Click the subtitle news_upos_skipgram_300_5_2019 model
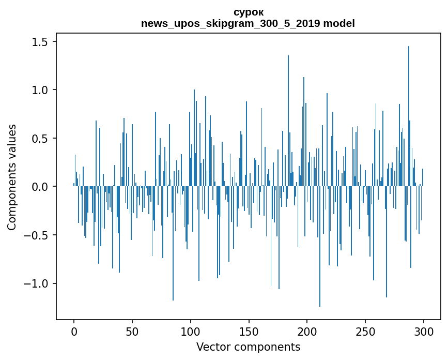click(248, 24)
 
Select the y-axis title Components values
click(12, 177)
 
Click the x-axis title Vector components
click(248, 347)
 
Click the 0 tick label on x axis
click(74, 331)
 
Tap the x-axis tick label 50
click(132, 331)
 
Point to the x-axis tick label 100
click(191, 331)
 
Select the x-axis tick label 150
click(249, 331)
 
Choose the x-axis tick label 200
click(307, 331)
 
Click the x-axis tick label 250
click(365, 331)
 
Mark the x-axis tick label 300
click(424, 331)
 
